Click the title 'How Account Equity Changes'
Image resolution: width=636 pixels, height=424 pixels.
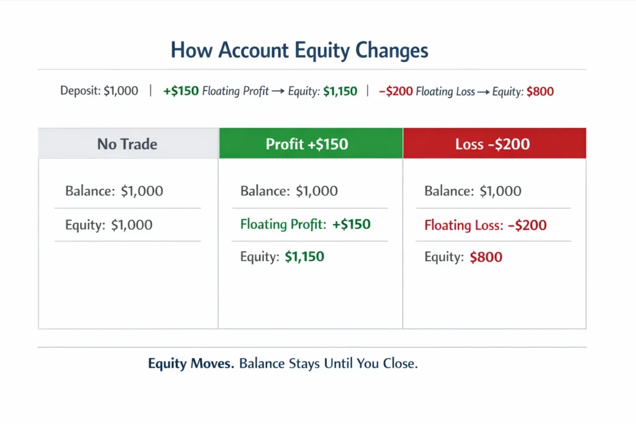pyautogui.click(x=299, y=50)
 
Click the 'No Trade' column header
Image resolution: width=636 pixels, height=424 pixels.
pyautogui.click(x=127, y=144)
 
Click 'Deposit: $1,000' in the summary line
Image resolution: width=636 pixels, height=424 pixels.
pyautogui.click(x=99, y=91)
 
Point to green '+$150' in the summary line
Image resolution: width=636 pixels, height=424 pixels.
pyautogui.click(x=181, y=91)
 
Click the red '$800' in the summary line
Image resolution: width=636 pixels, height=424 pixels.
pyautogui.click(x=540, y=91)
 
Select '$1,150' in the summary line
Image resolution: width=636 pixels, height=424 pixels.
pyautogui.click(x=340, y=91)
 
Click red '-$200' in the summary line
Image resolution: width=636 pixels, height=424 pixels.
pyautogui.click(x=396, y=91)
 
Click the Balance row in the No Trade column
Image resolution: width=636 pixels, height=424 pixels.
pyautogui.click(x=114, y=191)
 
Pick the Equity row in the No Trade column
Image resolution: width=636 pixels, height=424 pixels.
pyautogui.click(x=109, y=225)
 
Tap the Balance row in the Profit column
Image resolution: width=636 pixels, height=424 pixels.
pyautogui.click(x=289, y=191)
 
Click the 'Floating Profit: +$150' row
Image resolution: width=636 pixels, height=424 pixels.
pyautogui.click(x=305, y=225)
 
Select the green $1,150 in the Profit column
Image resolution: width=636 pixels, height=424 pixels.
pyautogui.click(x=304, y=256)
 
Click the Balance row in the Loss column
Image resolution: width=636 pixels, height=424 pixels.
pyautogui.click(x=473, y=191)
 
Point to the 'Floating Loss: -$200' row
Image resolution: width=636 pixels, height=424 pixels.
pyautogui.click(x=485, y=225)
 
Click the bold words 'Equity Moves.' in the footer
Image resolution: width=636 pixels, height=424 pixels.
pyautogui.click(x=191, y=364)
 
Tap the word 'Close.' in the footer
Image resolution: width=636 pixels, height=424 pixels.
pyautogui.click(x=401, y=364)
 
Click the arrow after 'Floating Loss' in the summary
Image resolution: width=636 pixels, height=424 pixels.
pyautogui.click(x=483, y=92)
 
